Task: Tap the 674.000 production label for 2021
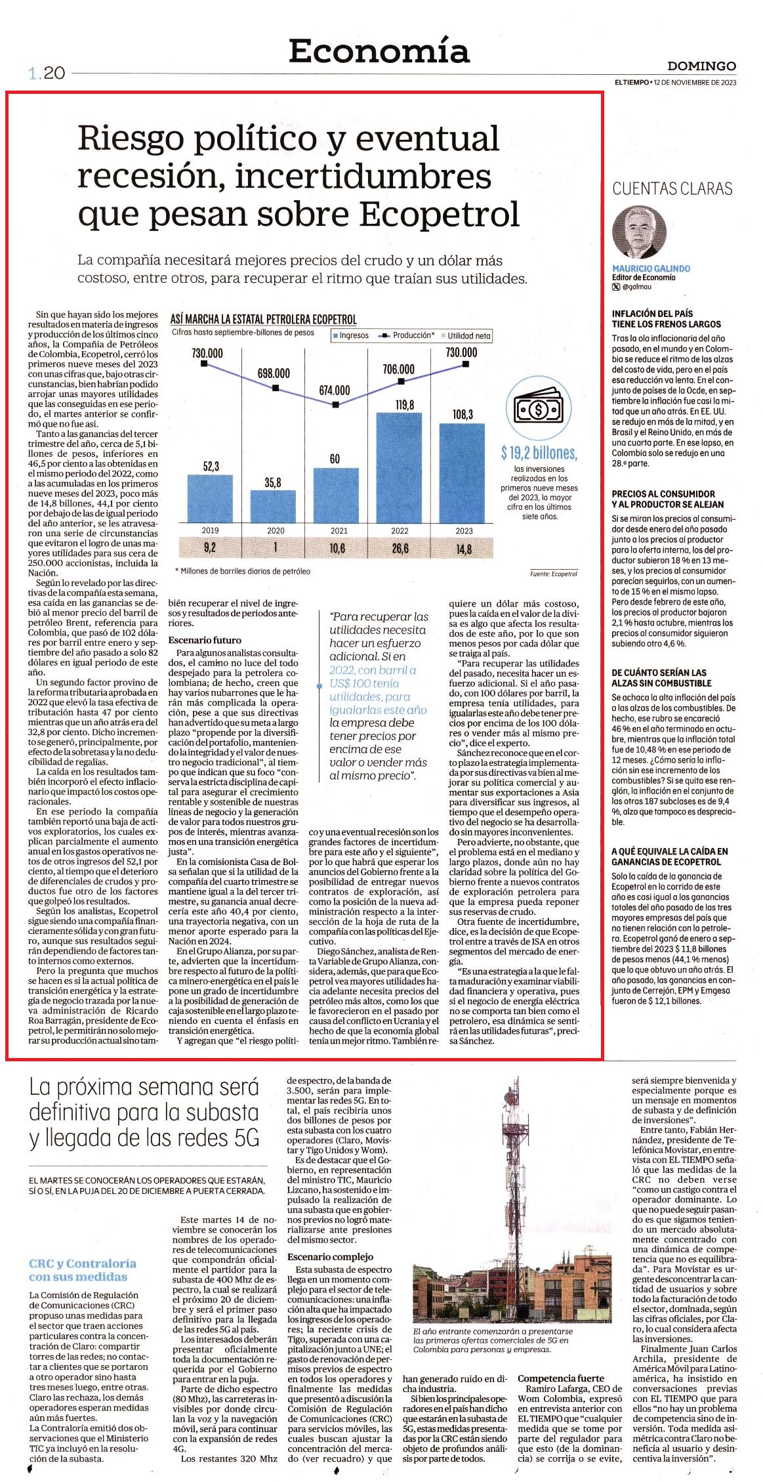point(335,389)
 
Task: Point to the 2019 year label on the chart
point(210,530)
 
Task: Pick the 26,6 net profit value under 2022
point(400,549)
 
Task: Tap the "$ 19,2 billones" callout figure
point(538,453)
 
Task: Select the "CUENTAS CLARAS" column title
point(672,189)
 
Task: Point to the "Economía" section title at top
point(379,51)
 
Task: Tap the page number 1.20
point(46,74)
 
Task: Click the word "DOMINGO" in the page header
point(701,66)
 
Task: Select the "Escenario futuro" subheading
point(205,640)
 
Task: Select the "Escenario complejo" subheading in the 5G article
point(330,1256)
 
